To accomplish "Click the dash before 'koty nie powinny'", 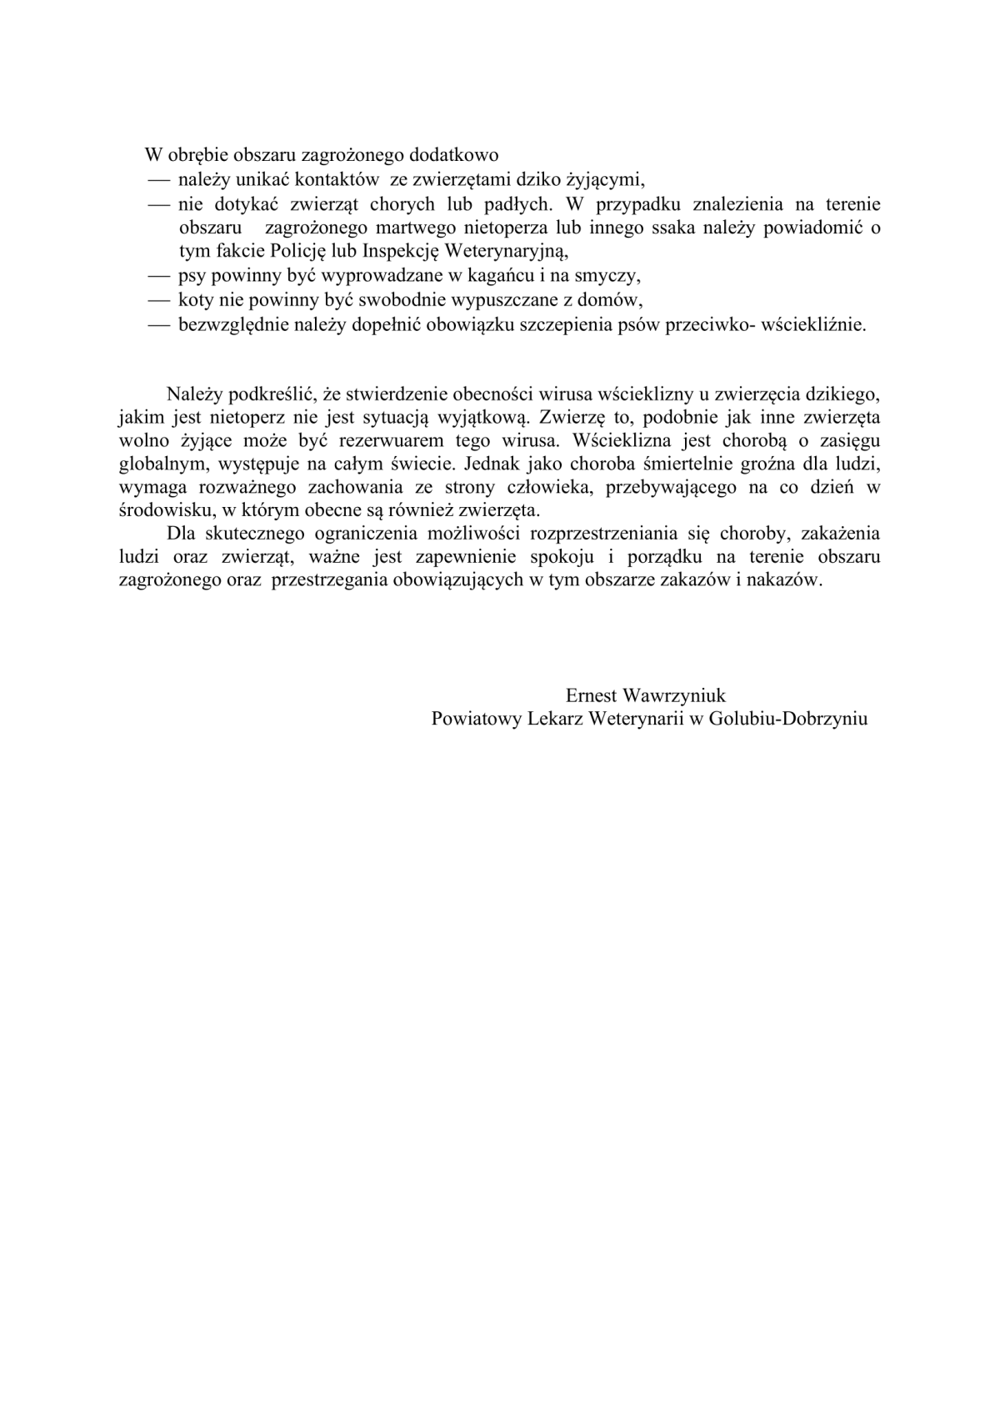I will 159,300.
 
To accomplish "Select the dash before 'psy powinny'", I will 159,276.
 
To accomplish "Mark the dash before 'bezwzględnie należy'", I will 159,325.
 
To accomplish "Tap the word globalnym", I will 159,464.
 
